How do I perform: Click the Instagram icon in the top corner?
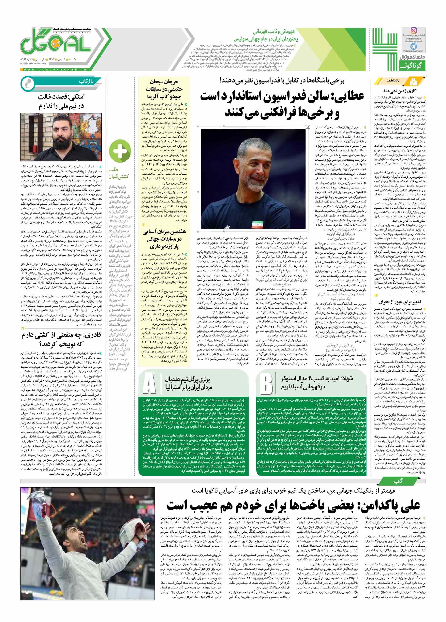(x=413, y=31)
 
